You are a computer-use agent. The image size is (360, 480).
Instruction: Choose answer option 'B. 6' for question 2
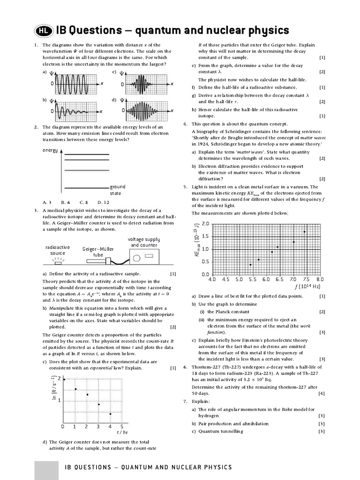[65, 202]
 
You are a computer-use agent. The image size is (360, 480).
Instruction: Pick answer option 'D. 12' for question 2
[103, 202]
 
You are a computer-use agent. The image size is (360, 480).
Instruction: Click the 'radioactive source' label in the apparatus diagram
[58, 250]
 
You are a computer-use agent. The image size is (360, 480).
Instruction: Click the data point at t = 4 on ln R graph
[110, 414]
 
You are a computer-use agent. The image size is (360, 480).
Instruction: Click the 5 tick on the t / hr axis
[122, 427]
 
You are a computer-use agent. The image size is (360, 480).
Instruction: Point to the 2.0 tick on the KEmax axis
[205, 224]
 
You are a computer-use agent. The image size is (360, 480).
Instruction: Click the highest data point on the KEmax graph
[305, 232]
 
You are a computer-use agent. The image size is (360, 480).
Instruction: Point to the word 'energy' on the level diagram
[50, 150]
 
